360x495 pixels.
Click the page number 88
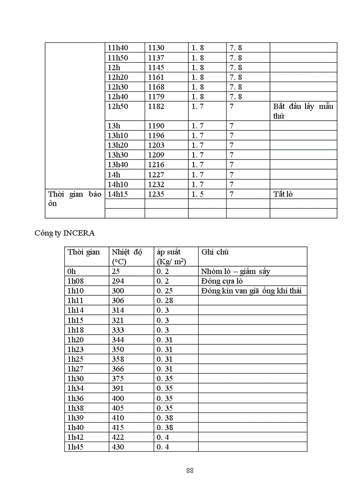point(190,470)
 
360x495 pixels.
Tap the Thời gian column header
point(83,252)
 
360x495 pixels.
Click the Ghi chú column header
point(215,252)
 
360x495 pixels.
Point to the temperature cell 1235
point(156,194)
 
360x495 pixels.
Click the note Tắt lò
point(283,194)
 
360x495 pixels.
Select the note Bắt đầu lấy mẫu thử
point(303,111)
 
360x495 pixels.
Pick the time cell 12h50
point(117,106)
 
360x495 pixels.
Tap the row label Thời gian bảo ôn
point(75,199)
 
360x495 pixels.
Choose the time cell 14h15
point(117,194)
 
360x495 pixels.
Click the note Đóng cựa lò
point(221,281)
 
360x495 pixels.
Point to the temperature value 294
point(118,281)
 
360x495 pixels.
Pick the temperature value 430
point(118,447)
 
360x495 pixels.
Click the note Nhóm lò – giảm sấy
point(235,272)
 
